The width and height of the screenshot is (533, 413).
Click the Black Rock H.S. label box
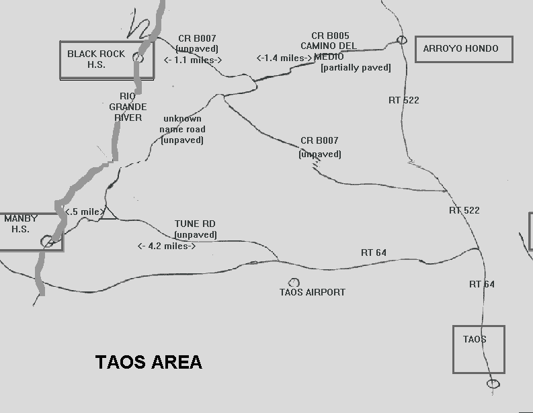coord(106,60)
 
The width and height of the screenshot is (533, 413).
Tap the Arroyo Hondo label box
coord(464,49)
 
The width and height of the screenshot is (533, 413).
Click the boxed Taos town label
coord(479,349)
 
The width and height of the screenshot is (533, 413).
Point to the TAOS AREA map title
coord(149,362)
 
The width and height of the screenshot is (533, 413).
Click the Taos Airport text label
coord(313,292)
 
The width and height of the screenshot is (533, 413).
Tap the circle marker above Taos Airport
coord(294,283)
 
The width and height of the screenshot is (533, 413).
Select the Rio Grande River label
coord(127,107)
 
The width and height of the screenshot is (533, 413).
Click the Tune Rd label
coord(195,224)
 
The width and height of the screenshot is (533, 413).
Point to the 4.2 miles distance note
coord(167,246)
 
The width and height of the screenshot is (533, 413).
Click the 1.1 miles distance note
coord(193,59)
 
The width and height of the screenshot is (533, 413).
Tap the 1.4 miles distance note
coord(284,58)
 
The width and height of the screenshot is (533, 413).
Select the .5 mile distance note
coord(83,212)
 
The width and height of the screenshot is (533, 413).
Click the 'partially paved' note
coord(356,67)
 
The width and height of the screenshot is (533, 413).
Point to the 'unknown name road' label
coord(182,129)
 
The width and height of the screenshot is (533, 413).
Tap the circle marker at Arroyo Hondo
coord(402,40)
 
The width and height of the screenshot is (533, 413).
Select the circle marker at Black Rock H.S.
coord(138,58)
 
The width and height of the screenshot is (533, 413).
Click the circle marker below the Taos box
coord(493,383)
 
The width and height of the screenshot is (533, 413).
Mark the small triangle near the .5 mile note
coord(110,214)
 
